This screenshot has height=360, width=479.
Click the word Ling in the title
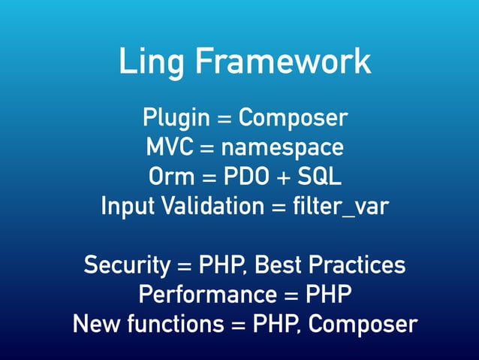click(153, 62)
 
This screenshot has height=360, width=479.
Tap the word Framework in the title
click(284, 62)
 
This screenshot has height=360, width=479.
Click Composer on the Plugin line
click(294, 118)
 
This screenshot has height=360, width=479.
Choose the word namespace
click(288, 147)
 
